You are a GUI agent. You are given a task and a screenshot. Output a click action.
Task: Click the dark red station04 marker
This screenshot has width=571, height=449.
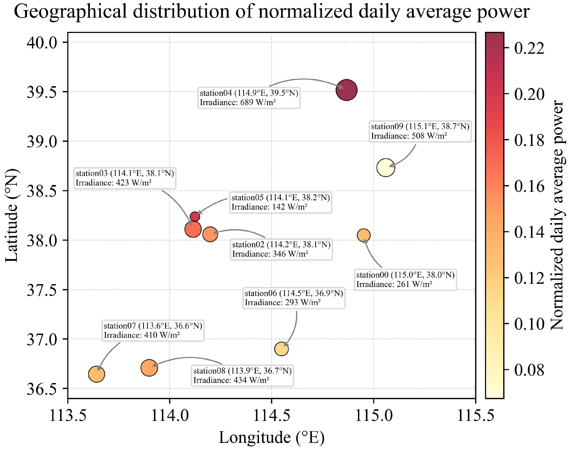coord(346,90)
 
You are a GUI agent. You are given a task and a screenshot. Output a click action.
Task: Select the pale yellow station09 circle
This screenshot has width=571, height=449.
coord(386,167)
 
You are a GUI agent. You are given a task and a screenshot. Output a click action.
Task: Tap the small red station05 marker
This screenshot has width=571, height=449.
coord(195,217)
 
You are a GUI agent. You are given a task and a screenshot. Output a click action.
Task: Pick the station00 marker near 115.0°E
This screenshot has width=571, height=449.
coord(364,235)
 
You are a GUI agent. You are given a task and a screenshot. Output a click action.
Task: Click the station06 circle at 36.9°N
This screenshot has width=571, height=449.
coord(281,349)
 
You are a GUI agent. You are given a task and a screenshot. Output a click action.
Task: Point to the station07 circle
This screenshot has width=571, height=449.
coord(97,374)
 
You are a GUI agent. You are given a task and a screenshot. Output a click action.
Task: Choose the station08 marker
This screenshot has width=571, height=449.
coord(149,368)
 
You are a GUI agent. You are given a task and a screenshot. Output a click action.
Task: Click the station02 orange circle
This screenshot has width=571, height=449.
coord(210,234)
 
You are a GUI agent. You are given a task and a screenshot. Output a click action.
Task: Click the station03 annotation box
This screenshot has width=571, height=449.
coord(125,178)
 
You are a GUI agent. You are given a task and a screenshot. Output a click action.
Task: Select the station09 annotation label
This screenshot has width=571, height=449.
coord(420,131)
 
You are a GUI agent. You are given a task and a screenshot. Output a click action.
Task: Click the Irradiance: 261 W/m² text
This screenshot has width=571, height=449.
coord(394,284)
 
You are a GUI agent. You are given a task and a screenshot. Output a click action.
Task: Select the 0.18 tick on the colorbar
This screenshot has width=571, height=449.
coord(529,140)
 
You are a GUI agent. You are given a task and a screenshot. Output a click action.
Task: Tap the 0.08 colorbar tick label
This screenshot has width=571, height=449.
coord(529,370)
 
